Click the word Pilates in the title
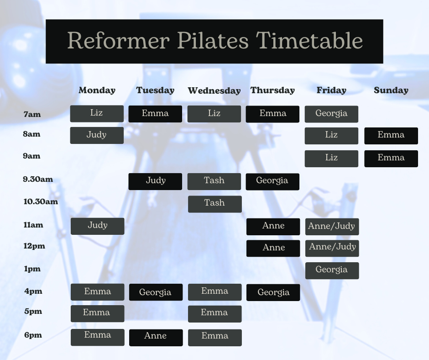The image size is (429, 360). (x=213, y=41)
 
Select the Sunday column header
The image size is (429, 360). (x=391, y=90)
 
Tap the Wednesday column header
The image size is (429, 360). (x=214, y=91)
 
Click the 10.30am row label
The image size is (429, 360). (x=41, y=201)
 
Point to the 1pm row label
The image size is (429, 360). (x=32, y=269)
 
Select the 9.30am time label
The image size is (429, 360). (x=38, y=180)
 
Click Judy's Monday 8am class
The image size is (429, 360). (x=97, y=135)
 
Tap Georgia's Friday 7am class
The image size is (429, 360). (x=331, y=114)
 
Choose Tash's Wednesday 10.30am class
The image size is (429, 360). (x=214, y=204)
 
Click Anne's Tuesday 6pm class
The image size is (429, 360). (x=156, y=337)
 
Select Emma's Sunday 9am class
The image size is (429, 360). (x=391, y=159)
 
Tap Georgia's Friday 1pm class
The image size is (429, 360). (x=332, y=270)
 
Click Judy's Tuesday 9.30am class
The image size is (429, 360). (x=155, y=181)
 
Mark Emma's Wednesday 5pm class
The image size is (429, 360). (x=214, y=314)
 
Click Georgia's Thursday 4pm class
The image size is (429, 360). (x=273, y=292)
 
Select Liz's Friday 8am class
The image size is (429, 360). (x=331, y=136)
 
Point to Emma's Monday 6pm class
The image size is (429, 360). (x=97, y=337)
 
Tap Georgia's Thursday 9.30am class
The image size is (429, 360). (x=272, y=181)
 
